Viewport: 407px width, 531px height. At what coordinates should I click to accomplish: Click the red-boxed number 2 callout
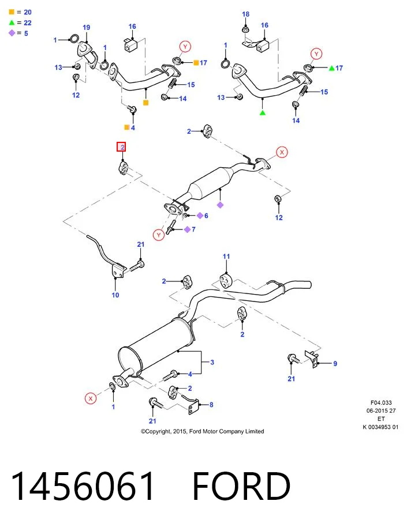point(121,147)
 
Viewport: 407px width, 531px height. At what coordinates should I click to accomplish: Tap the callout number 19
point(87,28)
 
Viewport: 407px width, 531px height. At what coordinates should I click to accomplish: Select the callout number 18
point(245,14)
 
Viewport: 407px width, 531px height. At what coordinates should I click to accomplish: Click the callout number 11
point(226,257)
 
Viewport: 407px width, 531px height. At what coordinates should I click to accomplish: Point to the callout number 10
point(115,295)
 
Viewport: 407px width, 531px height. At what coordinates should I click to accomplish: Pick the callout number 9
point(335,364)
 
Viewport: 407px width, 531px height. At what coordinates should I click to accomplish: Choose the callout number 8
point(211,405)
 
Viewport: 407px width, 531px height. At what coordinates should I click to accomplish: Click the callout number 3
point(212,362)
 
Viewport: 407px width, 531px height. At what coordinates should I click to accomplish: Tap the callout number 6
point(206,216)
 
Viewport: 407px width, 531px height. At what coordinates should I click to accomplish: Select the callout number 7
point(193,229)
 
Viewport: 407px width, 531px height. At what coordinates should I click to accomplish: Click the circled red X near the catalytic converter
point(282,152)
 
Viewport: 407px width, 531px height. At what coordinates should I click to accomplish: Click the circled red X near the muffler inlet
point(91,398)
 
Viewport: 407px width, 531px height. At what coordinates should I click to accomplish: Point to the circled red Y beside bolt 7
point(159,235)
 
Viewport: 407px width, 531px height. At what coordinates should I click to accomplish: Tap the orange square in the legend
point(12,12)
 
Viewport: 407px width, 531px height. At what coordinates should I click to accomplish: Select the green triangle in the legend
point(12,22)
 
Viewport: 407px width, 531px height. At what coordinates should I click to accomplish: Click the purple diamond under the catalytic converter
point(220,205)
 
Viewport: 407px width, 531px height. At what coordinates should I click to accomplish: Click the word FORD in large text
point(241,487)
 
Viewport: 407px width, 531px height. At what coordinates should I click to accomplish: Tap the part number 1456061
point(83,487)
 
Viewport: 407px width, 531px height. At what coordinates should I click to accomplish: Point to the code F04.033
point(381,402)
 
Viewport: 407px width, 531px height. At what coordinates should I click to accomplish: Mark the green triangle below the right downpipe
point(263,112)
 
